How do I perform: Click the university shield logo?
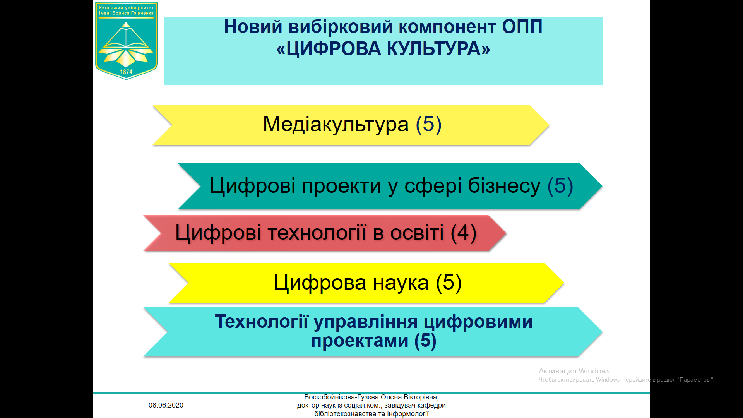point(126,41)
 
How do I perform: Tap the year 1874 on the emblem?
point(126,72)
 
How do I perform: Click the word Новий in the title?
point(253,27)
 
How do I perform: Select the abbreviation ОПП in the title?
point(522,27)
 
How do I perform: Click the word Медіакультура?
point(336,124)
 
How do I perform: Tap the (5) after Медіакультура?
point(429,124)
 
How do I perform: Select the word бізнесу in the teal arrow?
point(504,186)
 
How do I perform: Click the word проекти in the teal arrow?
point(342,186)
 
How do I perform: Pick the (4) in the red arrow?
point(464,233)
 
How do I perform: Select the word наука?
point(401,283)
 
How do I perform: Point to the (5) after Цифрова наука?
point(449,283)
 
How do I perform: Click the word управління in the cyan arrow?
point(366,322)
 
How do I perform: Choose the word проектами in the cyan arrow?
point(360,341)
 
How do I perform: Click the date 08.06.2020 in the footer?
point(166,405)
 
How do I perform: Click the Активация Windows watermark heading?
point(574,371)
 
